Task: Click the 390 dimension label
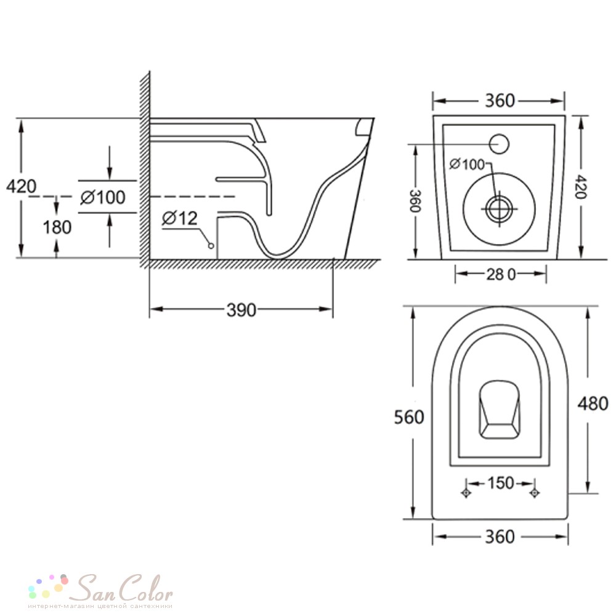pyautogui.click(x=241, y=310)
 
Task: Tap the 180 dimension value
pyautogui.click(x=57, y=227)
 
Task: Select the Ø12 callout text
pyautogui.click(x=180, y=219)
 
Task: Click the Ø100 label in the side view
pyautogui.click(x=103, y=197)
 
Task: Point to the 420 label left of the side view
pyautogui.click(x=21, y=186)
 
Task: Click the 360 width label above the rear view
pyautogui.click(x=500, y=101)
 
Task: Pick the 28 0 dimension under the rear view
pyautogui.click(x=501, y=275)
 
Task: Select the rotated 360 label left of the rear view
pyautogui.click(x=415, y=201)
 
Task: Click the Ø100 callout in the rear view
pyautogui.click(x=467, y=164)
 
